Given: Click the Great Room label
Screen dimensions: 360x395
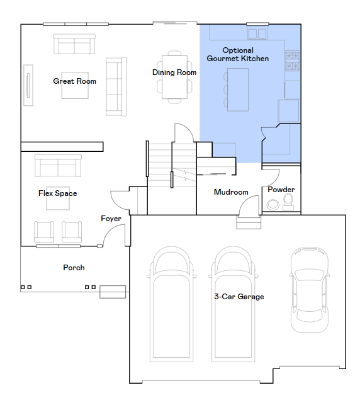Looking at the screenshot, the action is tap(74, 81).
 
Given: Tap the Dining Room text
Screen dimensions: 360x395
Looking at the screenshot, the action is tap(174, 72).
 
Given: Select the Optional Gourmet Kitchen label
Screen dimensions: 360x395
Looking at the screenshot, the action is tap(238, 54).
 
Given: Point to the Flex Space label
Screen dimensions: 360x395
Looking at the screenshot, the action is tap(58, 193).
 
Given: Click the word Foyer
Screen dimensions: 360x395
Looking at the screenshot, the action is tap(111, 219).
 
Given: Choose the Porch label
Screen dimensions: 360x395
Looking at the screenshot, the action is tap(74, 268).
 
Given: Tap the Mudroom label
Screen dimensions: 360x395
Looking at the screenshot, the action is tap(231, 192).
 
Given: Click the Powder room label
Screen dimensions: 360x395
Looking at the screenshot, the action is tap(281, 190).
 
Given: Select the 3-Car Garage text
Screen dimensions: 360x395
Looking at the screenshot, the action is tap(239, 297).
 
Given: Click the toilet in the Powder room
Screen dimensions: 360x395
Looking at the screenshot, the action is tap(288, 203).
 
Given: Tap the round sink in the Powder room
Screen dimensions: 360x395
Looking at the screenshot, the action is tap(273, 204).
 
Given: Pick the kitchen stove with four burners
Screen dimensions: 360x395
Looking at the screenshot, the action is tap(292, 60).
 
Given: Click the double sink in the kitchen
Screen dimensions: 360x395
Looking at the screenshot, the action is tap(257, 33).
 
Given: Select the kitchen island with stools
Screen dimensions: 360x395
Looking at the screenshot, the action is tap(236, 89).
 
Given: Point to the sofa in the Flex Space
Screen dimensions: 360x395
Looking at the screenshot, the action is tap(58, 166).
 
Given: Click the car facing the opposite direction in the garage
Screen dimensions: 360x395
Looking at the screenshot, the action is tap(310, 290).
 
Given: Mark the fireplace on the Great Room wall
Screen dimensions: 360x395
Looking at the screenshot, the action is tap(28, 85).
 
